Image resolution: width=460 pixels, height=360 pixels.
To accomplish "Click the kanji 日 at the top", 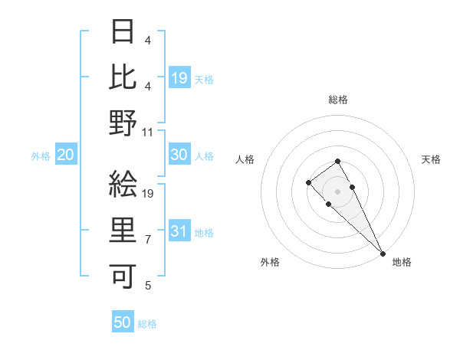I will (x=123, y=31).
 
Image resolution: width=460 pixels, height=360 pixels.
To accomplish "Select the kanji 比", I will (x=123, y=77).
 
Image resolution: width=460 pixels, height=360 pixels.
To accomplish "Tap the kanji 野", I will (x=123, y=123).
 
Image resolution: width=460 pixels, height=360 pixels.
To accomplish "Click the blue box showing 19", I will (x=179, y=77).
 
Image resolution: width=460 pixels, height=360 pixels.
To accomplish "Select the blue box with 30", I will (x=179, y=155).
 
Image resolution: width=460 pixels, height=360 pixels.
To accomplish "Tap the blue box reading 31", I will (x=179, y=232).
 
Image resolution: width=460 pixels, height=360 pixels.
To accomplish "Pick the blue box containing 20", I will (x=65, y=155).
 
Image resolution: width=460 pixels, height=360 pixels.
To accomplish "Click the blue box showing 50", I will (x=123, y=322).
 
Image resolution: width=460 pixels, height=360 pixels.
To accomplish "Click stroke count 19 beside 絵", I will (x=148, y=193).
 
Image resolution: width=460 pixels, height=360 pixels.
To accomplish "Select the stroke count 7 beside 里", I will (x=147, y=240).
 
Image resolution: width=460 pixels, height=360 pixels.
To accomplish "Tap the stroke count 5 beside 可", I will (x=147, y=286).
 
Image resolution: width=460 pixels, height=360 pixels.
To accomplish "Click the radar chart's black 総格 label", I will (x=337, y=100).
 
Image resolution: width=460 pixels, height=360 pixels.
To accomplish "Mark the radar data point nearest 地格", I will (x=382, y=254).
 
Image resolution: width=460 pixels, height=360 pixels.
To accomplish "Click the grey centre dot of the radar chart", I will (x=337, y=191).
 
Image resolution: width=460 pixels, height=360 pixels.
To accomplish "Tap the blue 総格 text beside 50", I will (x=147, y=324).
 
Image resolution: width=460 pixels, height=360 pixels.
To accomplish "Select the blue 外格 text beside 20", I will (x=41, y=156).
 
